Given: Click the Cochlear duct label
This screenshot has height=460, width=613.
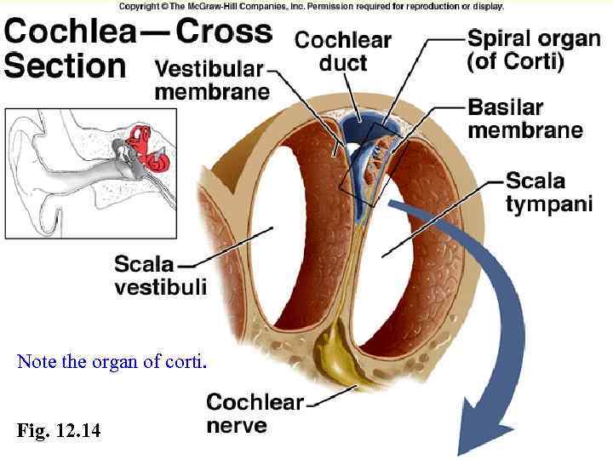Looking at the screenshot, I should point(343,51).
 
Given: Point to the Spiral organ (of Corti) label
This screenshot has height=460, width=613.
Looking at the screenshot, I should point(533,51).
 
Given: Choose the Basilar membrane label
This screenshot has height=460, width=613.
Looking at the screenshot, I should point(525,119).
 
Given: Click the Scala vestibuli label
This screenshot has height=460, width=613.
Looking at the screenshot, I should point(160,275).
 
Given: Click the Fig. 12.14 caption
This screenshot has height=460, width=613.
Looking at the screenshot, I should point(58,431).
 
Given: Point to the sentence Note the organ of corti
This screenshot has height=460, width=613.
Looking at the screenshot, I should point(111,361).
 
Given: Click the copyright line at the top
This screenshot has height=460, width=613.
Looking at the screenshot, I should point(311,6).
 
